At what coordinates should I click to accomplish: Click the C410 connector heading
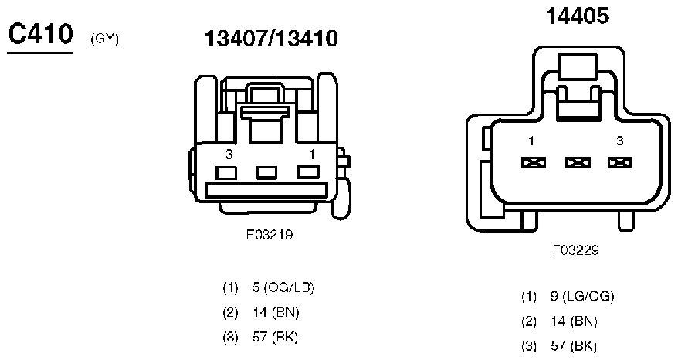[x=41, y=34]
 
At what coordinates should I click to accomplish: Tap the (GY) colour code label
[x=105, y=39]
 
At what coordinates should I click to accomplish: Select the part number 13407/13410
[x=271, y=39]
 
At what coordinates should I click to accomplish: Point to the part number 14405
[x=577, y=16]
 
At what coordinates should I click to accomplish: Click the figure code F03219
[x=270, y=235]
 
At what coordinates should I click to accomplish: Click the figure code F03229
[x=575, y=250]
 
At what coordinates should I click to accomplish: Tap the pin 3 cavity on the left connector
[x=226, y=173]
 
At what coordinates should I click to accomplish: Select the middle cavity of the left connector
[x=266, y=173]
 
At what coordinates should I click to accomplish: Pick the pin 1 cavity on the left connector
[x=308, y=172]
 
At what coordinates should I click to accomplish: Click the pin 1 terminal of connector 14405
[x=533, y=163]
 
